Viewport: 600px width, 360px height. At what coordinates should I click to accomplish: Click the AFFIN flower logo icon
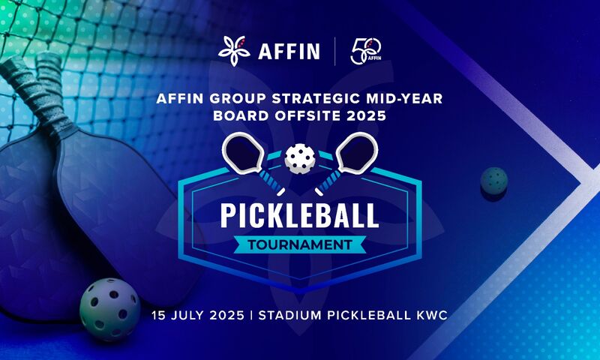[234, 51]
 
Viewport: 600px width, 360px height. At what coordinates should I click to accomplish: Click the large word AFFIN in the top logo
[289, 51]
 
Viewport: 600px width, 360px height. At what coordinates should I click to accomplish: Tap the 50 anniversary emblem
[366, 51]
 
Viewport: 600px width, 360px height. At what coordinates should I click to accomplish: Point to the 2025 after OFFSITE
[367, 116]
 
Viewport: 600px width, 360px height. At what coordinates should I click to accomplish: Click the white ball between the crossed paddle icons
[300, 158]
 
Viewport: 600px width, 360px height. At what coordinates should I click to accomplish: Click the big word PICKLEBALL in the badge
[299, 216]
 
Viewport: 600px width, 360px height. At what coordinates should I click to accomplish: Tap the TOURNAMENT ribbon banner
[299, 244]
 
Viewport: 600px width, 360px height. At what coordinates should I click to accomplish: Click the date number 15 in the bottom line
[158, 316]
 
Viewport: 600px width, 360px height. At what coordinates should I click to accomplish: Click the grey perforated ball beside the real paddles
[109, 309]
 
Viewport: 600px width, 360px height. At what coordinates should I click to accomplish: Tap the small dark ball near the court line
[494, 181]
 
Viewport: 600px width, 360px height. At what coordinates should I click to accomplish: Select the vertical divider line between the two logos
[335, 51]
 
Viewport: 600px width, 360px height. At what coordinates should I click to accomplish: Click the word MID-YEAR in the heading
[404, 99]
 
